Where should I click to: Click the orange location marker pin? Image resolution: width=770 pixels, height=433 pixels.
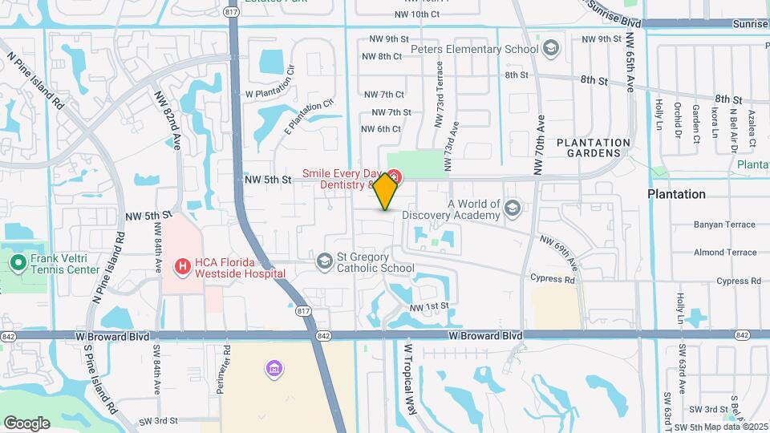(x=386, y=192)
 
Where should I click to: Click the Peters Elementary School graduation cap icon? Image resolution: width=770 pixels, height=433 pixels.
(x=551, y=49)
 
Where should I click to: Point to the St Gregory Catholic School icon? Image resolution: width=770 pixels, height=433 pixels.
(x=324, y=261)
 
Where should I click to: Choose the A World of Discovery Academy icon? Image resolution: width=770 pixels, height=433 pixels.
(x=512, y=209)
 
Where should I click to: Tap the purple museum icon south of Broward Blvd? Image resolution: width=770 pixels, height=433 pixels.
(x=274, y=369)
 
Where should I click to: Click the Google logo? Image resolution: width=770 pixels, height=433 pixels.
(x=26, y=423)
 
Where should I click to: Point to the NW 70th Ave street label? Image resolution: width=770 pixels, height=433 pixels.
(x=540, y=148)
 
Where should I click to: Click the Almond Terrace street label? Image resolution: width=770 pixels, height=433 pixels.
(x=725, y=253)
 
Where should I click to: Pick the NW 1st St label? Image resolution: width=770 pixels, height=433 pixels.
(x=428, y=306)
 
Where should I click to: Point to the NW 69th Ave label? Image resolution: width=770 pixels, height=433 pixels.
(x=559, y=251)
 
